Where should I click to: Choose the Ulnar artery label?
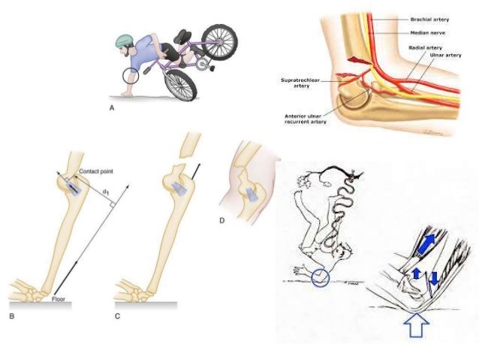[x=445, y=55]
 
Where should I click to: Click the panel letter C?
[x=117, y=316]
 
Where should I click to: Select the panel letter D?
[x=221, y=221]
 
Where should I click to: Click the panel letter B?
[x=11, y=317]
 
